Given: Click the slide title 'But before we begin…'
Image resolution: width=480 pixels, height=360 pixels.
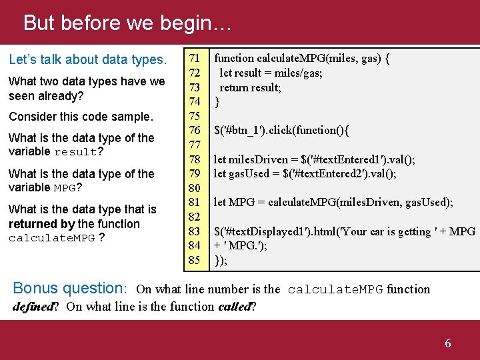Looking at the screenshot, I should [127, 23].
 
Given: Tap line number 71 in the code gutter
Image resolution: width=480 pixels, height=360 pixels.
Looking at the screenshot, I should [194, 58].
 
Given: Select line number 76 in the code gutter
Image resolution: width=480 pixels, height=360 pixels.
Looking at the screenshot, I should [194, 130].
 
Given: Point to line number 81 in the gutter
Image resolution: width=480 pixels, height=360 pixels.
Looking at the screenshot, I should [194, 202].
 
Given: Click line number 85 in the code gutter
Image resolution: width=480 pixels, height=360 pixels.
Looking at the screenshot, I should [194, 260].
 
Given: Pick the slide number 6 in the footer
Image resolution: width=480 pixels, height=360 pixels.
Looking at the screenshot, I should [448, 343].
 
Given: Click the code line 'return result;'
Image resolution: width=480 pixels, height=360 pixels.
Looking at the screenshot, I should [250, 87].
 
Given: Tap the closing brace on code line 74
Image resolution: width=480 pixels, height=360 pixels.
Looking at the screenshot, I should [216, 102].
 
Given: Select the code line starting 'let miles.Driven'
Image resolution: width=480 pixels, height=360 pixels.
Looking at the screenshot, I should [314, 159].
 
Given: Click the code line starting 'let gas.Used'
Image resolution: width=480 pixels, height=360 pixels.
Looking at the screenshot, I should [305, 174].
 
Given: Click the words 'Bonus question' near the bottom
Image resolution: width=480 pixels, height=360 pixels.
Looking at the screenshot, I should [69, 289].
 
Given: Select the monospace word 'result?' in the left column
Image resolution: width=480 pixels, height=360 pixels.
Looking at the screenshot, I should [79, 152].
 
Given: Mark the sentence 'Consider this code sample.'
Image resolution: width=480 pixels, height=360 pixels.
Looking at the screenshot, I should [81, 117].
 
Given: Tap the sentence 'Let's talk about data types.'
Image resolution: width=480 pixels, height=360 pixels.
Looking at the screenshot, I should [87, 60].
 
